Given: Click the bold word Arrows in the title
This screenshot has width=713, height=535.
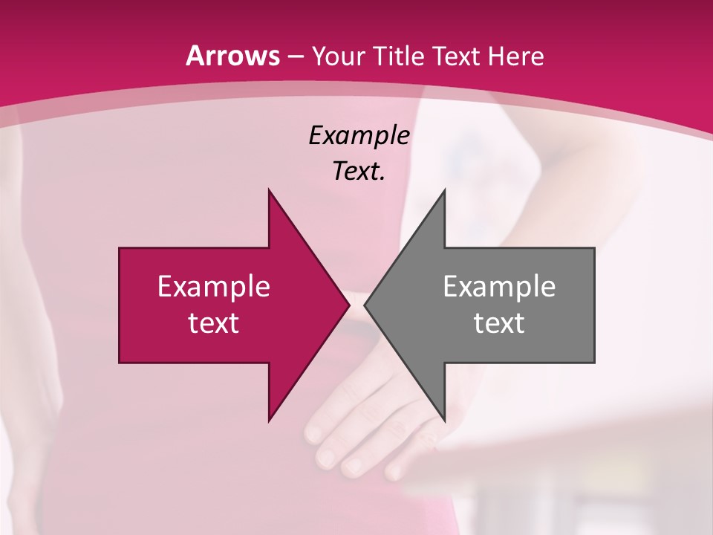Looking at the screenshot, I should (232, 56).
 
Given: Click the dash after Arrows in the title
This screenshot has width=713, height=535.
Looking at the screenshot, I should (295, 57).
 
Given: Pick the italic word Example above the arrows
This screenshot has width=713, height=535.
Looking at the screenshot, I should (359, 136).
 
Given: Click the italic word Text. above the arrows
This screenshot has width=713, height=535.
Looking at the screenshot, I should (359, 172).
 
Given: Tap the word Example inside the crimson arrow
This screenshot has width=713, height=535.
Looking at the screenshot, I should (213, 287).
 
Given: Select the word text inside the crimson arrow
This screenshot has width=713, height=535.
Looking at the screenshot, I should (213, 323).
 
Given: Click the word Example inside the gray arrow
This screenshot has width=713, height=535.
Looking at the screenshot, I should (499, 287).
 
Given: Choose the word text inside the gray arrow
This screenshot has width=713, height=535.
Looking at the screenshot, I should (499, 323).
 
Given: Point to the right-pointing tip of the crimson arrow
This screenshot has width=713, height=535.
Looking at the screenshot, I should (348, 305).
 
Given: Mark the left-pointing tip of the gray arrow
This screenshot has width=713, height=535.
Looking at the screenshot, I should (365, 305).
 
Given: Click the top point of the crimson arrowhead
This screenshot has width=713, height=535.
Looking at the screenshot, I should (269, 191).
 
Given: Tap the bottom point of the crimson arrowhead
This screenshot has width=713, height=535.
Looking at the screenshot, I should (269, 420).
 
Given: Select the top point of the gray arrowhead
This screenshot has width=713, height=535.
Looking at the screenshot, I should (444, 191).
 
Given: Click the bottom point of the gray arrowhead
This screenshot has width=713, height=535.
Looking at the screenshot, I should (444, 420).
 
